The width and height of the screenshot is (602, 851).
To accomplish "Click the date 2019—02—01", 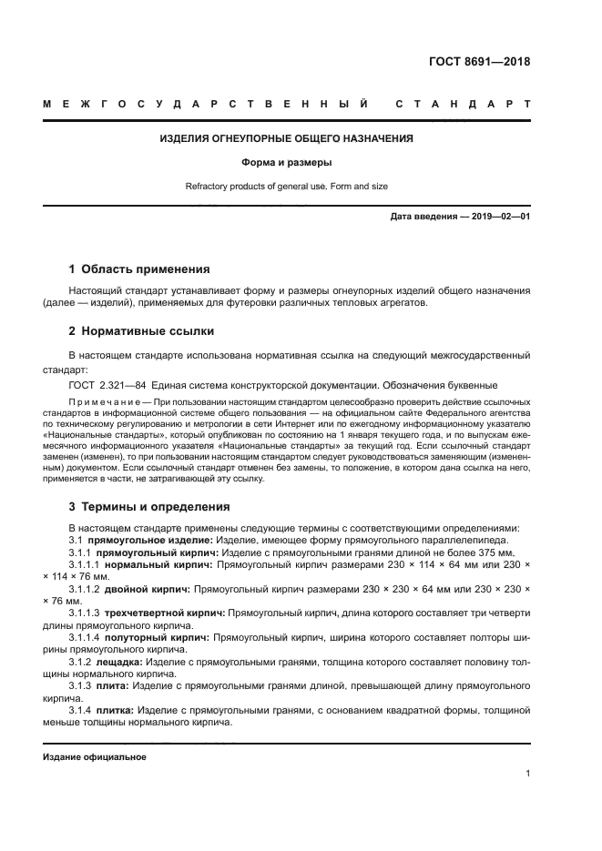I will point(499,217).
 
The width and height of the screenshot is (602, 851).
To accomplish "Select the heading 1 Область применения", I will point(139,269).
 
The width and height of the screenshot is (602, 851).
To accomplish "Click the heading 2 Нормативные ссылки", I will point(141,331).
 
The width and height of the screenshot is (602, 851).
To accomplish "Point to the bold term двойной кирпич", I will point(148,589).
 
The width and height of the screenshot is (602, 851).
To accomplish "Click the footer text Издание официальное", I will point(95,757).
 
